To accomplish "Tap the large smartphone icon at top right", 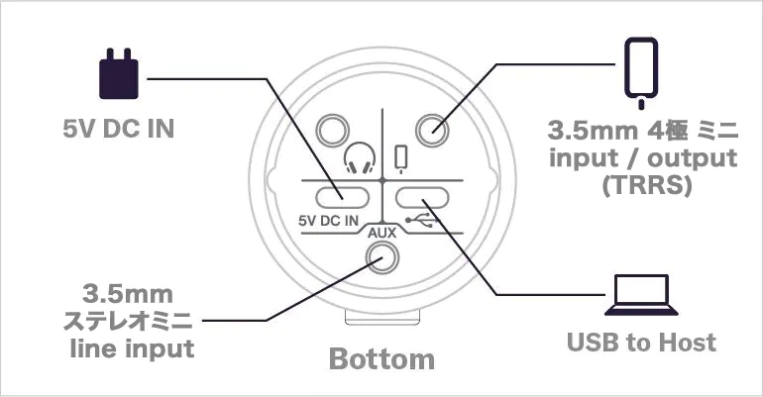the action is [641, 73].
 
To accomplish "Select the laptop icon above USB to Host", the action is [641, 295].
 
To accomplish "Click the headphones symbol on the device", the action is [360, 158].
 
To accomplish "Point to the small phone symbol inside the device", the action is [401, 159].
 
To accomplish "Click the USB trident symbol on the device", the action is [422, 220].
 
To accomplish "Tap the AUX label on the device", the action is [381, 233].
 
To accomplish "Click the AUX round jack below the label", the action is [381, 257].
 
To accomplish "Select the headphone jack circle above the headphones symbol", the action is [333, 131].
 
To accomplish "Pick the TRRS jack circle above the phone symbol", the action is [433, 131].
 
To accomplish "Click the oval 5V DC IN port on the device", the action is [342, 198].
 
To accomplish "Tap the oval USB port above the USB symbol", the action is [422, 198].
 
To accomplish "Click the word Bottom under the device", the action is [381, 359].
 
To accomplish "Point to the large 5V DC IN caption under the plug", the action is [119, 129].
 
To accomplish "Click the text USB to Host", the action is [641, 343].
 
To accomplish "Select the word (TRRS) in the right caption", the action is [647, 185].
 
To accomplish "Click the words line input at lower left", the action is [132, 348].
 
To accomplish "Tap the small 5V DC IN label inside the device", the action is [328, 221].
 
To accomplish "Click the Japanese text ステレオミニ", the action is [128, 321].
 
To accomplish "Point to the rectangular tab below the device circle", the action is [381, 317].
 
